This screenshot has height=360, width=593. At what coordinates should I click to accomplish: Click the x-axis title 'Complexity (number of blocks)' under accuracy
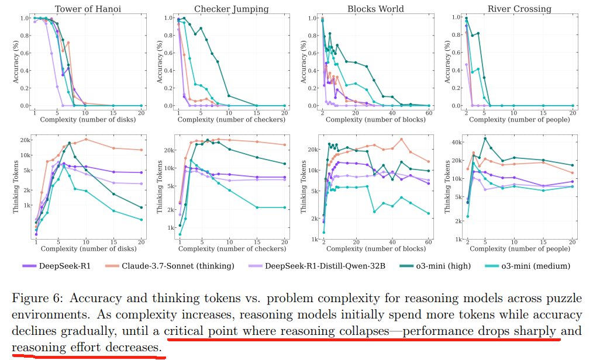point(374,120)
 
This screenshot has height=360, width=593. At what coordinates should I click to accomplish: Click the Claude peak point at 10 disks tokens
point(86,139)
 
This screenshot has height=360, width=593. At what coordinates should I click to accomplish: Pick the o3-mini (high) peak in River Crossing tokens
point(485,139)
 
